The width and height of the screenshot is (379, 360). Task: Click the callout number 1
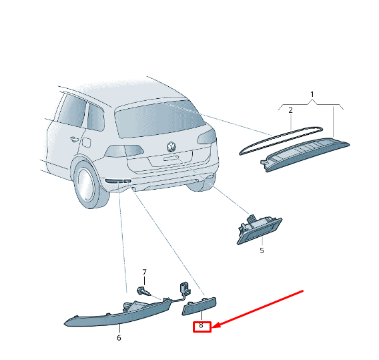point(312,94)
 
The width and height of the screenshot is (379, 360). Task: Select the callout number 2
point(290,110)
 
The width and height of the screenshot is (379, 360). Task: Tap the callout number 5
point(262,250)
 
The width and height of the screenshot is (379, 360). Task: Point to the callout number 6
point(119,338)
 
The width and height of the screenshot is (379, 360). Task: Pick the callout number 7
point(144,273)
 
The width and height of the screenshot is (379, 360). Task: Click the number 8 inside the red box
point(201,325)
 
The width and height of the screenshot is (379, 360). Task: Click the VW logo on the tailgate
point(171,147)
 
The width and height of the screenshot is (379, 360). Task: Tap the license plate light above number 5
point(260,229)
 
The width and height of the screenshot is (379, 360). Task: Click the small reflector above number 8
point(199,307)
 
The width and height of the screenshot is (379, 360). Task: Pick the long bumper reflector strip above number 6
point(118,313)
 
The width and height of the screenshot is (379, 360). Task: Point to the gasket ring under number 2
point(281,140)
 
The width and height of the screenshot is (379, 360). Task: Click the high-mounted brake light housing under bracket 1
point(305,155)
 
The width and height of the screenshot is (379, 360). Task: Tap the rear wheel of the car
point(89,185)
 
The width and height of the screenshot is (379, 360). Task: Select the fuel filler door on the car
point(86,142)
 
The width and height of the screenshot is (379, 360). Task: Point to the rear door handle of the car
point(74,139)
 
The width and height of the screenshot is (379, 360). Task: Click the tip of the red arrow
point(213,327)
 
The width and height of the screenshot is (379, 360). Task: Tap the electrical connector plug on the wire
point(184,288)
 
